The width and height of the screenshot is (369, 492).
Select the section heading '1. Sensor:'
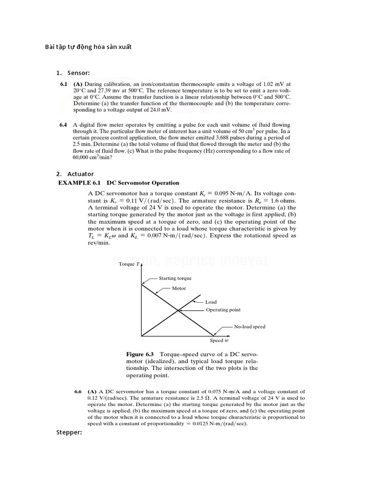click(x=73, y=73)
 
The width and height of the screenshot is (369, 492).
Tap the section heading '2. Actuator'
click(x=74, y=173)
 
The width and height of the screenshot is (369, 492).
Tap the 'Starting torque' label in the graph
click(x=175, y=278)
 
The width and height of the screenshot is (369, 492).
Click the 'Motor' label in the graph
click(x=179, y=288)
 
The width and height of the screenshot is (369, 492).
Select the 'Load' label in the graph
click(x=211, y=302)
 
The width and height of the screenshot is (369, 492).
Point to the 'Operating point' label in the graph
click(x=223, y=310)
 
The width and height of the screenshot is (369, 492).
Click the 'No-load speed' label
click(x=249, y=327)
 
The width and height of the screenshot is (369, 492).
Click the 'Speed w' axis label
click(x=219, y=340)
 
